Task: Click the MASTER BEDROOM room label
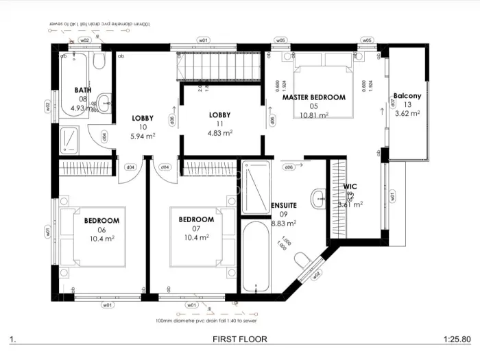click(314, 97)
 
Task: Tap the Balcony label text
click(407, 96)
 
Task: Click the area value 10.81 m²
click(314, 115)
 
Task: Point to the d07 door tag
click(392, 103)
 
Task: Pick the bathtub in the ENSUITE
click(256, 254)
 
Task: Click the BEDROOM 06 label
click(101, 220)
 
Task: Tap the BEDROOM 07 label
click(196, 219)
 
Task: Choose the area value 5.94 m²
click(144, 136)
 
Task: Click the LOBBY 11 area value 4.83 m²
click(219, 133)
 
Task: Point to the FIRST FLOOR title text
click(239, 339)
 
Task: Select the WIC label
click(350, 187)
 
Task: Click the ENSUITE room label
click(283, 205)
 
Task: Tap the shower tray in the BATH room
click(71, 141)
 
